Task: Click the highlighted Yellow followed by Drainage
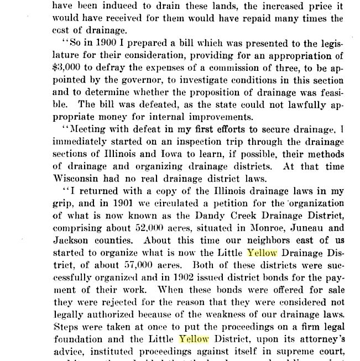261,253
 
